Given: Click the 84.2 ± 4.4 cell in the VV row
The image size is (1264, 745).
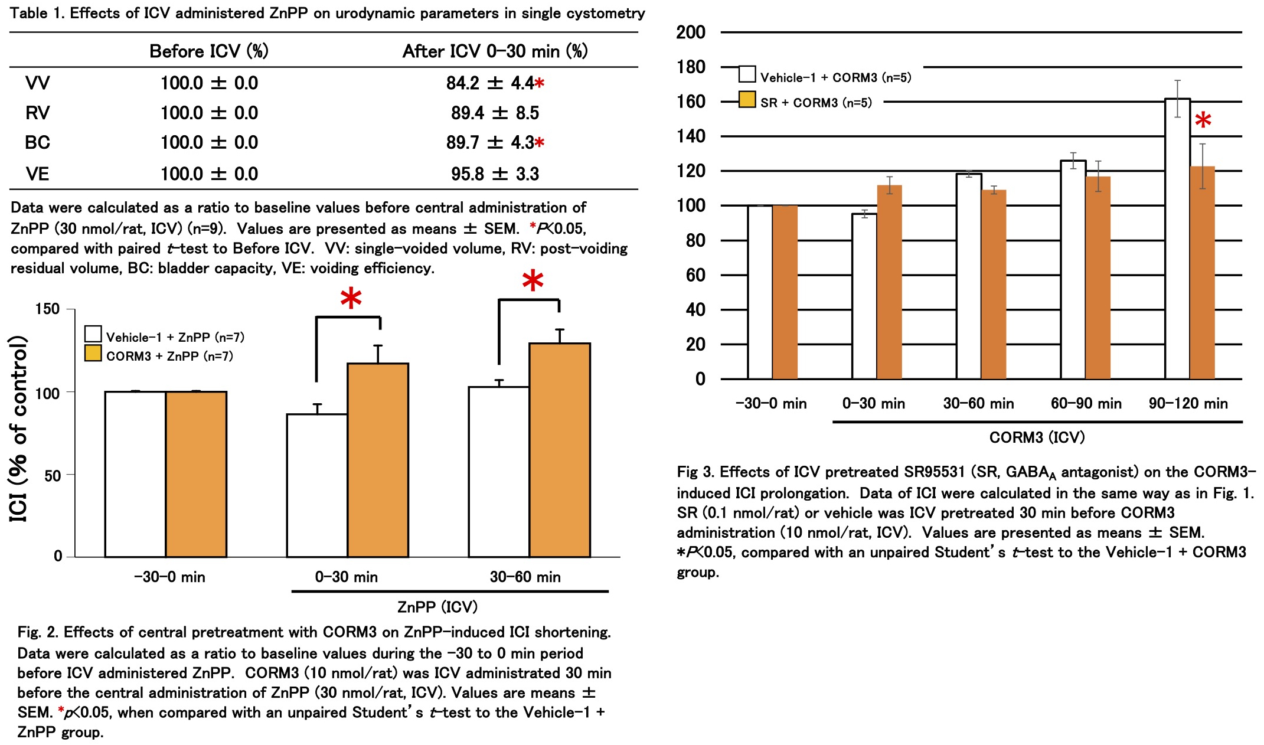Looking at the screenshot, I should pos(491,83).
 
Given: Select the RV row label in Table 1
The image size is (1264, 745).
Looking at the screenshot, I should pos(38,113).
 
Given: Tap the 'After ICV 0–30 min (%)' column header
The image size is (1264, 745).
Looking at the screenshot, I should pos(495,51).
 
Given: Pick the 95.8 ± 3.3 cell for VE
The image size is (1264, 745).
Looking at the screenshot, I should pos(495,174).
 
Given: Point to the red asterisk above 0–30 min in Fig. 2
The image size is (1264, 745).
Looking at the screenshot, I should pos(351,298).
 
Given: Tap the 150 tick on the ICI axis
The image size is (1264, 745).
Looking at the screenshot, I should pos(47,309).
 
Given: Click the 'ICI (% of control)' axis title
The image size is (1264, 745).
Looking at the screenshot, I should pos(19,429).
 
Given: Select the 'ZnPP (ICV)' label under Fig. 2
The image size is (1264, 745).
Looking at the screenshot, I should pos(437,607).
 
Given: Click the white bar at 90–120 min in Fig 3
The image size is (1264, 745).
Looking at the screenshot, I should pos(1177,238).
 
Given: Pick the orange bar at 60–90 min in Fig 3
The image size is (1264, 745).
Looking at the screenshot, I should pos(1098,277).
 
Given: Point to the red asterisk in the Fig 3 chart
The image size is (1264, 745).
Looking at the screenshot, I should pos(1203,121).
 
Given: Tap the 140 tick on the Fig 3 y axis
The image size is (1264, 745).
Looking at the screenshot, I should pos(691,136).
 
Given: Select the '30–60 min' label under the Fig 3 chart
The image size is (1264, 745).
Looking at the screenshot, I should pos(978,404).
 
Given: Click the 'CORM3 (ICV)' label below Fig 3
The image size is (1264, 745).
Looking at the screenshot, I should pos(1037,437).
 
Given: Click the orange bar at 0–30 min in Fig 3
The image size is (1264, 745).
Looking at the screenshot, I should pos(889,282).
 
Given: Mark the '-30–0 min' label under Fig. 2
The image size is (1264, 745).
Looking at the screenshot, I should pos(169,577).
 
